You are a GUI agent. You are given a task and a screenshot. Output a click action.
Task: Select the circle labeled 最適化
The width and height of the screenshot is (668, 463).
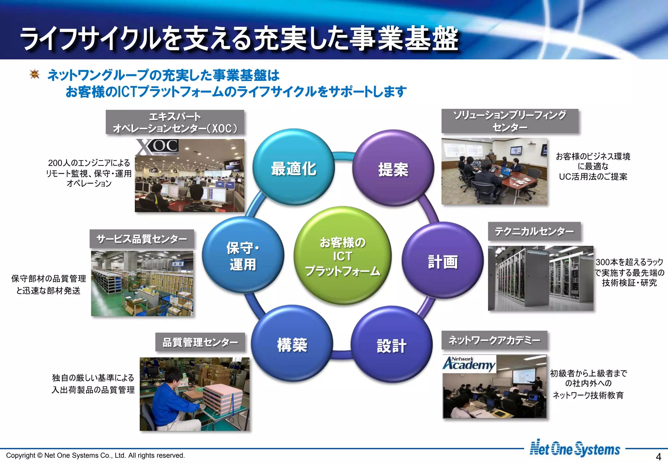coord(294,167)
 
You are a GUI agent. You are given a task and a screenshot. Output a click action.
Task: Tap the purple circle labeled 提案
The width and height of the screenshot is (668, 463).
coord(393,168)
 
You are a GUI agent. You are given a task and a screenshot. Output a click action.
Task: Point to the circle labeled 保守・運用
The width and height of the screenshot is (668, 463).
coord(243,255)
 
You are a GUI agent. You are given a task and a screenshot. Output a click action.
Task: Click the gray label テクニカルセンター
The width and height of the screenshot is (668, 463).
coord(534,231)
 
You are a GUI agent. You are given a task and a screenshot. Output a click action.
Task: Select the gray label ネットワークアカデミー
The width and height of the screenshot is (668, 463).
coord(494,340)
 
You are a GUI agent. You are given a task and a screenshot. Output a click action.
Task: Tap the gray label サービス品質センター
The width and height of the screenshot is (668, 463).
coord(142,239)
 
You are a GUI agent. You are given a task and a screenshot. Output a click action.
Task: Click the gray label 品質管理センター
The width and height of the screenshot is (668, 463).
coord(200,342)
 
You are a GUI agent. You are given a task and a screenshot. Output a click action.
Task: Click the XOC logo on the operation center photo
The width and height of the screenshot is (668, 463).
coord(158,147)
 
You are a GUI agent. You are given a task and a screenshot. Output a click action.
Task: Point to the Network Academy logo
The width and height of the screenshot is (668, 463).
coord(469,363)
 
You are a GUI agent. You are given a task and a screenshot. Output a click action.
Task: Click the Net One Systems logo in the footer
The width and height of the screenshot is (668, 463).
coord(575,449)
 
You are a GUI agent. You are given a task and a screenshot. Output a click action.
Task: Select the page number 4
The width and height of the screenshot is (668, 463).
coord(658,456)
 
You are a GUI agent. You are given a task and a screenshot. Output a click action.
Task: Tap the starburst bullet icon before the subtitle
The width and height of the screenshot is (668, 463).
coord(35,74)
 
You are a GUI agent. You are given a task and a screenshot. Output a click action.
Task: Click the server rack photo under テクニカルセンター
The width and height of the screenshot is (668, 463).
coord(540,278)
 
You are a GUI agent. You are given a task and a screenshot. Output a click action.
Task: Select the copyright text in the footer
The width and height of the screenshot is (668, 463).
coord(96,455)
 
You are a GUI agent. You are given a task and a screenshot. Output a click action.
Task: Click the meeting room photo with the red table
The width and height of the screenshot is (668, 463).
coord(494,171)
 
